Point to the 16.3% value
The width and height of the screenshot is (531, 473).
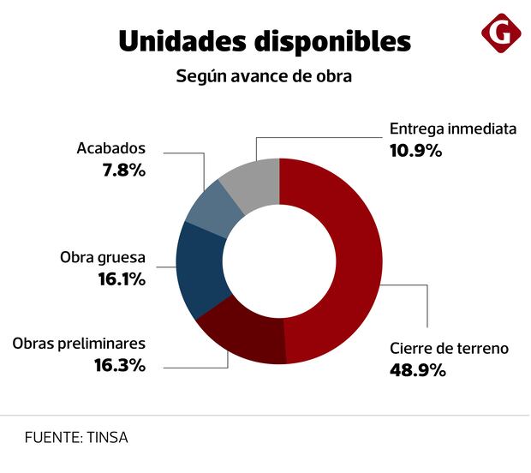coord(119,365)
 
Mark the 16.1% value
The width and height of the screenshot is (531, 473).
coord(120,279)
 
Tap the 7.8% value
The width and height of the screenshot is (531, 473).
coord(123,170)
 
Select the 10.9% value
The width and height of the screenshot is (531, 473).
coord(415,151)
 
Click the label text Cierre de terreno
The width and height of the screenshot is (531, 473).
coord(449,349)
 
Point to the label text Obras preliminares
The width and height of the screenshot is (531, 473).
coord(79,344)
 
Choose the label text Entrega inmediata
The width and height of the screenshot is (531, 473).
coord(453,129)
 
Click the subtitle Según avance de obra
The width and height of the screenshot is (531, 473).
coord(265,76)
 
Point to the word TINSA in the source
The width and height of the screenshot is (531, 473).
coord(107,437)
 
